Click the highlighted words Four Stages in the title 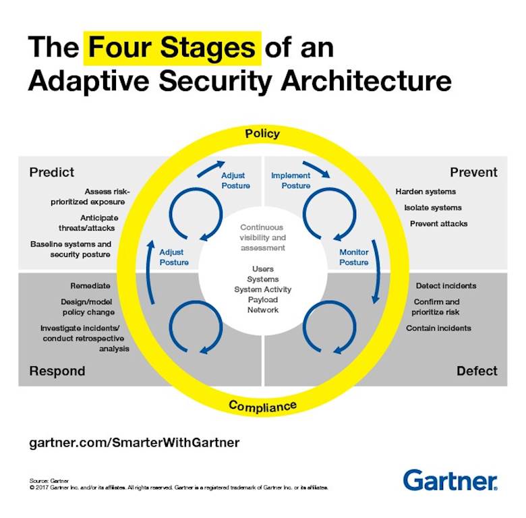[x=172, y=49]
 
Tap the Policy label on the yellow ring [x=262, y=134]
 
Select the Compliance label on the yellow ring [x=262, y=406]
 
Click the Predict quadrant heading [x=52, y=173]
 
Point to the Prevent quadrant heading [x=473, y=173]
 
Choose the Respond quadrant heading [x=57, y=371]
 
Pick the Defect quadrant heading [x=477, y=371]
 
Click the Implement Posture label [x=291, y=181]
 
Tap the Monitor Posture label [x=353, y=257]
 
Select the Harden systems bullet [x=426, y=192]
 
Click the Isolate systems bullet [x=433, y=208]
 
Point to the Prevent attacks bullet [x=438, y=223]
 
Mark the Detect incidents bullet [x=446, y=286]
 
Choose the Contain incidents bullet [x=438, y=328]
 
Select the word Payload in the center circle [x=262, y=299]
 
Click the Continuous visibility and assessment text [x=262, y=237]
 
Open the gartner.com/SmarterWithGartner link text [x=135, y=443]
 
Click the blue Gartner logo [x=450, y=480]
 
